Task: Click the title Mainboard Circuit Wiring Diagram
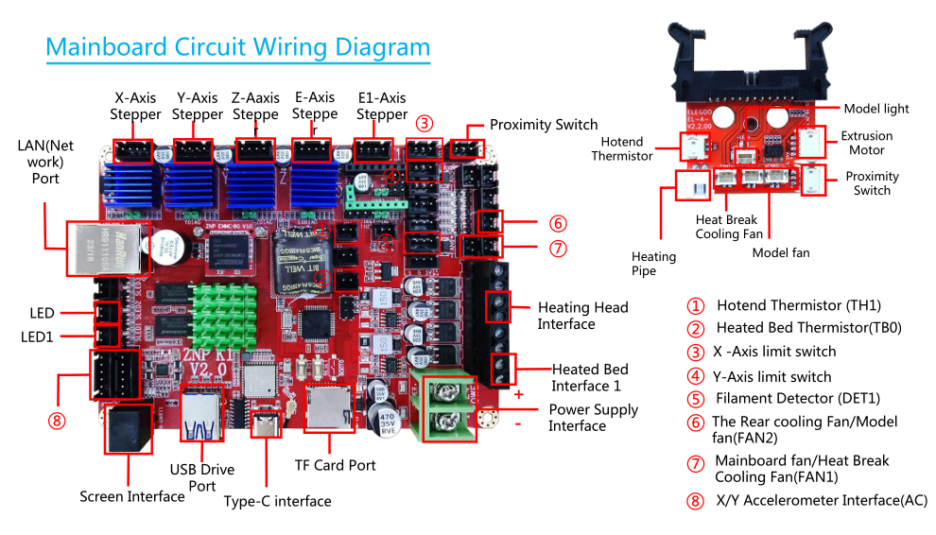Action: (x=237, y=47)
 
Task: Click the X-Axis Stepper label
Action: (x=135, y=106)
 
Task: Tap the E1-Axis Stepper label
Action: (x=382, y=106)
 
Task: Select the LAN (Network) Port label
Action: (x=45, y=162)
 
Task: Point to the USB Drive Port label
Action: (x=201, y=477)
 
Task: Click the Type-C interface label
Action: (x=277, y=501)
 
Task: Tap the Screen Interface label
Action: (x=131, y=496)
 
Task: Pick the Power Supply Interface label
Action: (x=593, y=418)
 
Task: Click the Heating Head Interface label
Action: (x=582, y=316)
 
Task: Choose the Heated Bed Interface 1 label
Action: (x=589, y=377)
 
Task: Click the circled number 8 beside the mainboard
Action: (x=58, y=422)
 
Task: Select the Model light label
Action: (x=875, y=109)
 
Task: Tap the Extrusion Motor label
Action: (x=866, y=143)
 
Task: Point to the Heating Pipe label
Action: (x=653, y=264)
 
